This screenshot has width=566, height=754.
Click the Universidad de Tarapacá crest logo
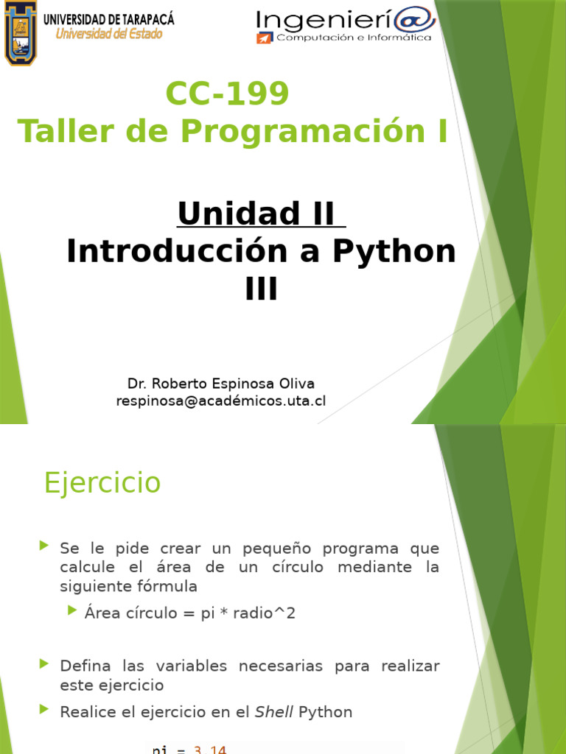(20, 32)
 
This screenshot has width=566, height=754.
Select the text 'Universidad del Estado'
(110, 34)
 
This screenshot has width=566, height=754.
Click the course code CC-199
(228, 94)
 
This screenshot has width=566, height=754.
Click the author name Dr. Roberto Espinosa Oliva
(221, 384)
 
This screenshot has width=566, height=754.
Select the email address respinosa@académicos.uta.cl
(221, 401)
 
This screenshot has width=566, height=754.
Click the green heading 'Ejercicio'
(102, 483)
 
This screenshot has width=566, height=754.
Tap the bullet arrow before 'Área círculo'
(71, 610)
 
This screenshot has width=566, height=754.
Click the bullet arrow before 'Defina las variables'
(43, 664)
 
